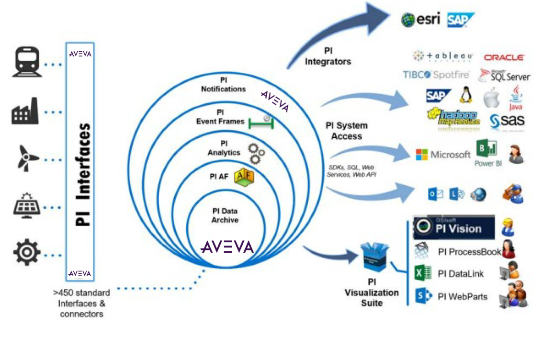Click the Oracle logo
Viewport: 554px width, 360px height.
point(504,57)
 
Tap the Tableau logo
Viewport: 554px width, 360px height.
point(443,56)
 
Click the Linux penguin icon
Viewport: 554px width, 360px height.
point(465,95)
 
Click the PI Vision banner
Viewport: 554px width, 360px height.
point(453,227)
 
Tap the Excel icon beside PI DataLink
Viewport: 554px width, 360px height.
point(420,273)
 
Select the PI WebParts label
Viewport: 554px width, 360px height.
point(462,296)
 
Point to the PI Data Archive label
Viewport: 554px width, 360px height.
point(225,215)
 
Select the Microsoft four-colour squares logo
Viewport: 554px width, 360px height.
point(421,154)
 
